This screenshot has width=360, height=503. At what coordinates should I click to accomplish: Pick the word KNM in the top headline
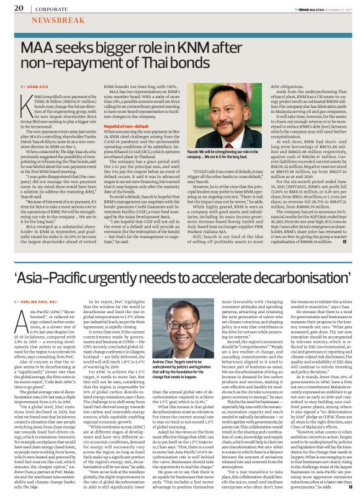(197, 47)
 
